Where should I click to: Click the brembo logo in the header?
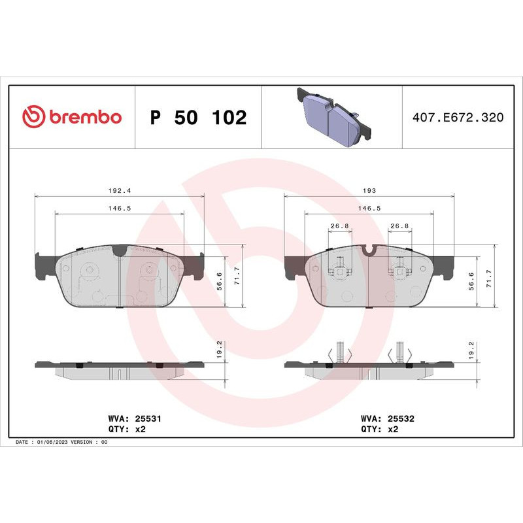[x=72, y=118]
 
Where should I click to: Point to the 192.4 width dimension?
[x=120, y=191]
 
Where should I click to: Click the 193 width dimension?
[x=369, y=191]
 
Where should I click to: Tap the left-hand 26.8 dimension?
[x=339, y=227]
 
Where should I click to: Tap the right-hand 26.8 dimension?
[x=399, y=227]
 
